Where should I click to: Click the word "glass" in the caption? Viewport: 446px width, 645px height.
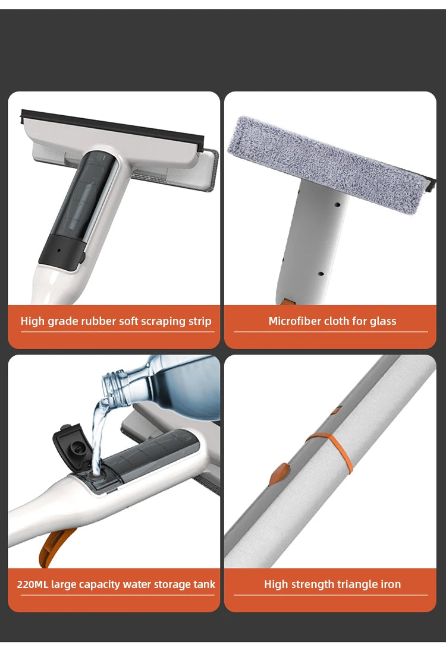[x=383, y=321]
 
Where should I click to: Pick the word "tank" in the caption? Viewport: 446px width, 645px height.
[x=203, y=584]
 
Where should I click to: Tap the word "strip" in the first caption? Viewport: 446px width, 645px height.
[x=198, y=321]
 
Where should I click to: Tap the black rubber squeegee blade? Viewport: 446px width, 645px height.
[x=113, y=128]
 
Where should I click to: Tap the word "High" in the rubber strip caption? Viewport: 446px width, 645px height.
[x=32, y=321]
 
